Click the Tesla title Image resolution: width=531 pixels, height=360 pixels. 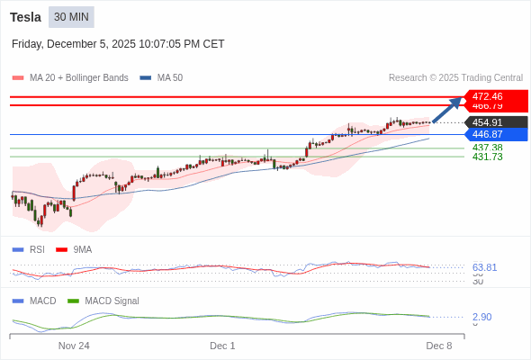[x=25, y=17]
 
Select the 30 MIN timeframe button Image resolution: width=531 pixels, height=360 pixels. [x=71, y=17]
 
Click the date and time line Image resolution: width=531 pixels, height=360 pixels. [x=118, y=44]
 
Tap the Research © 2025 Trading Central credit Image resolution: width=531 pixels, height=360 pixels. [x=455, y=78]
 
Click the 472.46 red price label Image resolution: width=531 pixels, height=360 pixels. [x=487, y=96]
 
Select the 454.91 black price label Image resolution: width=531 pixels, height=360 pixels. [x=487, y=122]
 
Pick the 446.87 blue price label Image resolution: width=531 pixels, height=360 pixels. [x=487, y=134]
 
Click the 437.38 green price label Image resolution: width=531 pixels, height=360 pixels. [x=487, y=148]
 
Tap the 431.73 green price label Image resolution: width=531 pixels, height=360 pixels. [x=487, y=157]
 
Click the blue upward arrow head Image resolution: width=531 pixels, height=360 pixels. [x=458, y=101]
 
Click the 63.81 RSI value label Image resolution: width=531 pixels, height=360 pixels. [x=484, y=267]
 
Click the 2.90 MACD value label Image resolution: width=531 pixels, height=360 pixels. [x=481, y=317]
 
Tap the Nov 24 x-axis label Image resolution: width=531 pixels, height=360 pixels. [x=74, y=346]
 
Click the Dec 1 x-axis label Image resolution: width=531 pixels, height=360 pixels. [x=222, y=346]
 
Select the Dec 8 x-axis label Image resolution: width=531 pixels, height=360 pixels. [x=438, y=346]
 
